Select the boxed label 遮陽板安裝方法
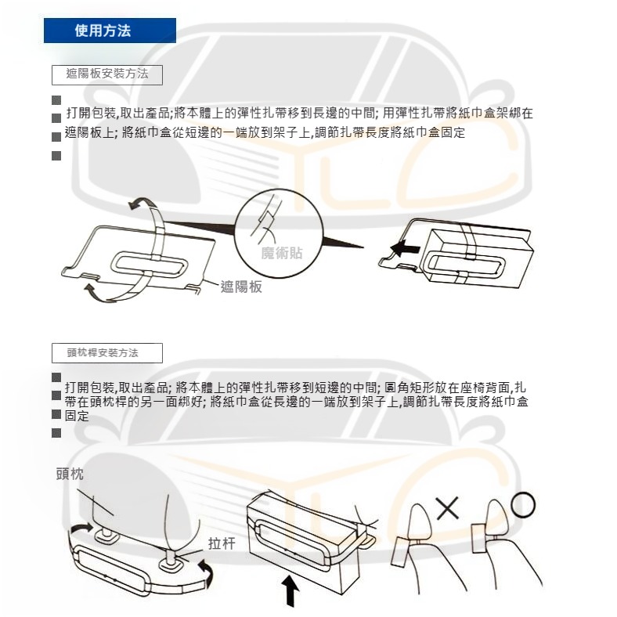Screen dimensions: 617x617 coord(107,75)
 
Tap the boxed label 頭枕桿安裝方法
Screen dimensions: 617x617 coord(107,353)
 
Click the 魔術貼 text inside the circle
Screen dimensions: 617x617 coord(281,253)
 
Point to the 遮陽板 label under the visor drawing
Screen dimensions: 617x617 coord(241,287)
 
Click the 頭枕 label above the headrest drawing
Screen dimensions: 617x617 coord(70,474)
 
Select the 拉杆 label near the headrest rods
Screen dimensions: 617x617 coord(222,544)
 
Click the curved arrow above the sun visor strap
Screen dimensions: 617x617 coord(143,204)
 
